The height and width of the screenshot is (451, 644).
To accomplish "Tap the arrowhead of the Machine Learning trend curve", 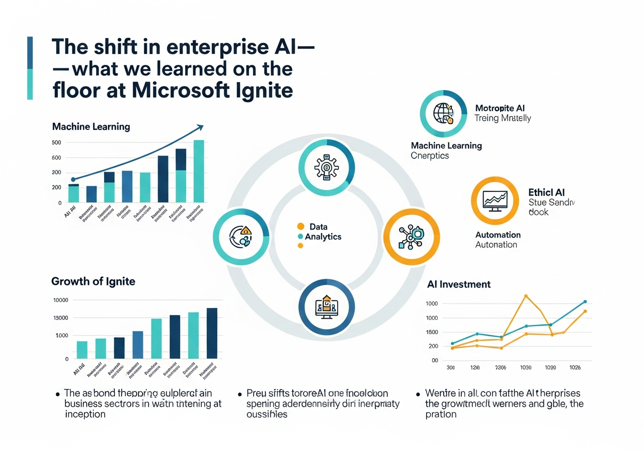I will pyautogui.click(x=201, y=126).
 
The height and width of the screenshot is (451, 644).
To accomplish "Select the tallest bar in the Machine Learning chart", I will pyautogui.click(x=199, y=171).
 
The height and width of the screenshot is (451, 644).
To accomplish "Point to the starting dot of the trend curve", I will pyautogui.click(x=73, y=179).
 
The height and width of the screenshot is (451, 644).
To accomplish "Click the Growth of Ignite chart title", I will pyautogui.click(x=93, y=281).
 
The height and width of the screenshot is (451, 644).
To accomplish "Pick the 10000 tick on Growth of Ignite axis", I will pyautogui.click(x=60, y=300).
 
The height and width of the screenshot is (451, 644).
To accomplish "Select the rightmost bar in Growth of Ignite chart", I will pyautogui.click(x=212, y=333).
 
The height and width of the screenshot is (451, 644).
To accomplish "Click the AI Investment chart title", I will pyautogui.click(x=458, y=284).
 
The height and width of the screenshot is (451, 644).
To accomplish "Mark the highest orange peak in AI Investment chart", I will pyautogui.click(x=526, y=296).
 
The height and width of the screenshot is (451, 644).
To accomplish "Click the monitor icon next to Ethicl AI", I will pyautogui.click(x=495, y=200).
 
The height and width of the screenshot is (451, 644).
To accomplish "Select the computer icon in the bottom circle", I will pyautogui.click(x=327, y=307).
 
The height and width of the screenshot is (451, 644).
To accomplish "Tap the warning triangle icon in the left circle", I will pyautogui.click(x=246, y=231).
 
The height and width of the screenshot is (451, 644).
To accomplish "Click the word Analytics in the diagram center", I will pyautogui.click(x=323, y=237).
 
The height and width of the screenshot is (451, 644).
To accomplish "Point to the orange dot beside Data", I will pyautogui.click(x=301, y=227).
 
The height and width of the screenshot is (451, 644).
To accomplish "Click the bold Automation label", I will pyautogui.click(x=498, y=235).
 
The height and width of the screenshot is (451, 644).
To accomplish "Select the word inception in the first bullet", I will pyautogui.click(x=85, y=414).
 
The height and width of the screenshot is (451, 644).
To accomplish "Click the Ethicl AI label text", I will pyautogui.click(x=546, y=192).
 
